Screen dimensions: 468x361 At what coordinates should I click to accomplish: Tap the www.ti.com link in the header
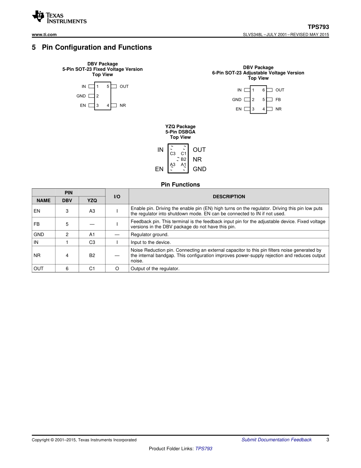[44, 35]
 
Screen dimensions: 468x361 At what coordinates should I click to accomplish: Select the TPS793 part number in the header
[318, 27]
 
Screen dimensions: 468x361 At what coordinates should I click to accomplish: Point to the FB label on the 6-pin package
[278, 100]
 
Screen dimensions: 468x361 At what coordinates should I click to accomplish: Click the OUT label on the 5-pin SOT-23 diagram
[124, 87]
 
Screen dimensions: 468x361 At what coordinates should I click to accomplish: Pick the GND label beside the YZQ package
[199, 169]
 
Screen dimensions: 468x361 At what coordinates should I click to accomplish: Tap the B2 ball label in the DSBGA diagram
[184, 159]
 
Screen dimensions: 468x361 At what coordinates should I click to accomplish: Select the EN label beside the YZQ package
[159, 169]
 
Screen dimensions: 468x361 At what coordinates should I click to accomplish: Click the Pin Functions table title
[180, 185]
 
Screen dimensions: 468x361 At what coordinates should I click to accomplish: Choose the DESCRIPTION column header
[229, 197]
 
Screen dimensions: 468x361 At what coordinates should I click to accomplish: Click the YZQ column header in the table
[92, 201]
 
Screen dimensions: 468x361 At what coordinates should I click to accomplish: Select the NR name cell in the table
[37, 256]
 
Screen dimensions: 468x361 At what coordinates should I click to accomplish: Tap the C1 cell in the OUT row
[92, 269]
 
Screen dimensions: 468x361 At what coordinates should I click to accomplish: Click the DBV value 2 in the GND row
[67, 235]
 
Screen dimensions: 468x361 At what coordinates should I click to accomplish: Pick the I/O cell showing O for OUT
[117, 269]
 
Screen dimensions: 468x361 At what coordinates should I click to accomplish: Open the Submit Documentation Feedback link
[276, 440]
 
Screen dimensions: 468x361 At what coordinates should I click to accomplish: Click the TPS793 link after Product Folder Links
[204, 449]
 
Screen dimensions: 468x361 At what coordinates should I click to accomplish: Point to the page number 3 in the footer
[327, 440]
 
